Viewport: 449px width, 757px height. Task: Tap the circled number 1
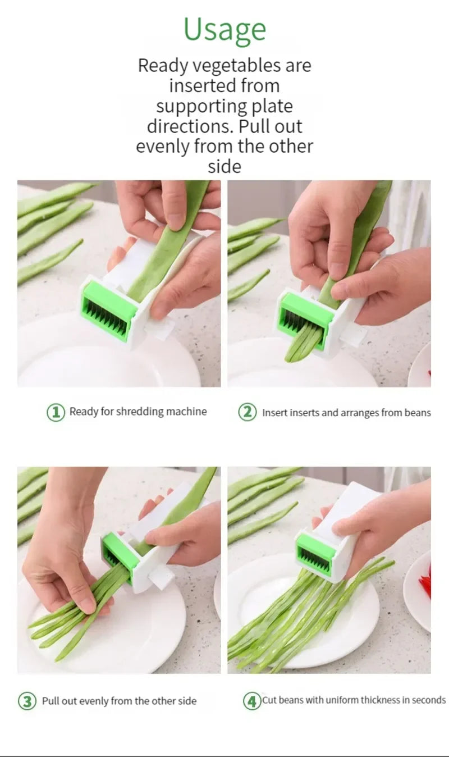pos(56,412)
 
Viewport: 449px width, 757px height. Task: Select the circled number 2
pos(248,412)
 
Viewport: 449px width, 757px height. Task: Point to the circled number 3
pos(27,701)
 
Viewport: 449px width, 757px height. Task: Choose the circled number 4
pos(252,701)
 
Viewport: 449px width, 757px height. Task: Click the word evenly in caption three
pos(94,701)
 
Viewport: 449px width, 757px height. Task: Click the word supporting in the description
pos(201,107)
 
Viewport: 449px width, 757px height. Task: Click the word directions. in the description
pos(191,126)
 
